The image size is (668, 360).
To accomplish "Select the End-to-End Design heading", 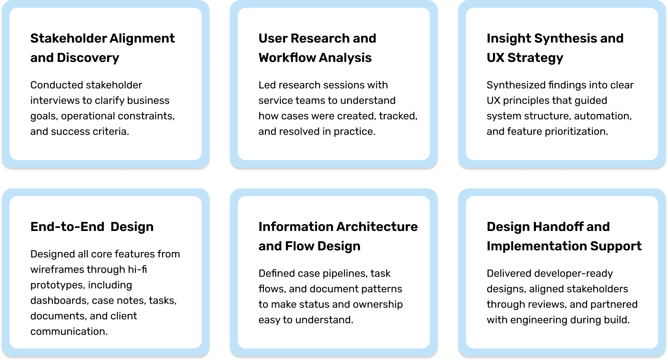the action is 92,227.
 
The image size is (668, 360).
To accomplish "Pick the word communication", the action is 69,332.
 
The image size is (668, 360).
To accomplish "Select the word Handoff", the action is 556,227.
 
